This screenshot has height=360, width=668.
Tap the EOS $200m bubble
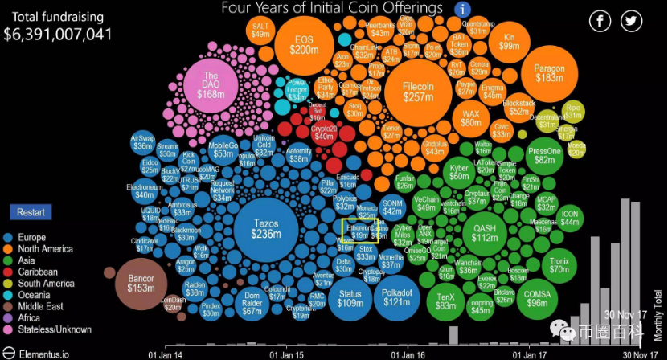pos(304,44)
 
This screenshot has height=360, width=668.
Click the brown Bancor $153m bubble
pos(141,283)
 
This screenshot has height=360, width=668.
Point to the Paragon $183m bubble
pos(549,72)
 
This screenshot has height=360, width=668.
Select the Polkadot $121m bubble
pos(396,297)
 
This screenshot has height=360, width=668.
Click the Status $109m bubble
pos(350,297)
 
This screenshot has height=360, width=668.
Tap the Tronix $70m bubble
pos(559,264)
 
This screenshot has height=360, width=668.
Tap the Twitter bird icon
pos(631,22)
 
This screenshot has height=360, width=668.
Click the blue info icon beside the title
pos(462,10)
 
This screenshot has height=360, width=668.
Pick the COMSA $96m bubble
pos(538,298)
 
